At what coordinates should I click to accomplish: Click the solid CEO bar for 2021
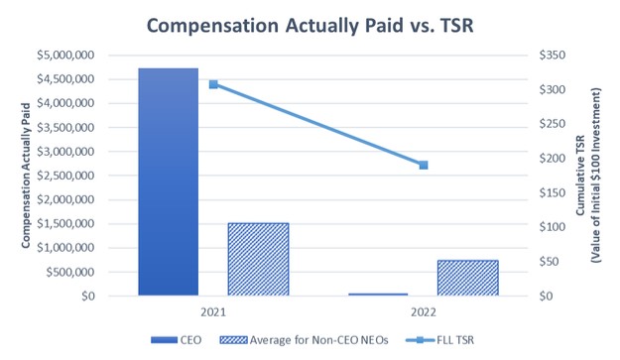click(x=168, y=181)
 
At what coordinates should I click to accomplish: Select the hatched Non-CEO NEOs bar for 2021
click(x=258, y=259)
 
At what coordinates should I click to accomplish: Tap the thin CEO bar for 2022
click(x=378, y=295)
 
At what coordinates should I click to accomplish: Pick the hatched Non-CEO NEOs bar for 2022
click(x=468, y=278)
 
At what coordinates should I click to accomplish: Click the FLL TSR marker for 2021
click(x=213, y=84)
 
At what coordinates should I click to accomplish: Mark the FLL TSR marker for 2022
click(x=424, y=165)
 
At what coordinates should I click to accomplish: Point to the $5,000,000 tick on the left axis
click(x=65, y=55)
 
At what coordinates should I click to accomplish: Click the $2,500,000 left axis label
click(x=65, y=176)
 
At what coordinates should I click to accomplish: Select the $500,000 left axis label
click(x=70, y=272)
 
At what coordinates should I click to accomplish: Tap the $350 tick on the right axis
click(x=553, y=55)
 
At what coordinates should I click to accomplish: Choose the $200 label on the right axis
click(x=553, y=159)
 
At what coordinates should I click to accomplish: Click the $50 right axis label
click(x=549, y=262)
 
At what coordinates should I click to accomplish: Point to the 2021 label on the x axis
click(x=213, y=312)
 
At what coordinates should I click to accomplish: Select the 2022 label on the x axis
click(x=424, y=312)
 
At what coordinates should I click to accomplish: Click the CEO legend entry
click(x=177, y=340)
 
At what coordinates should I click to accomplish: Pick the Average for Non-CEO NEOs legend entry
click(x=305, y=340)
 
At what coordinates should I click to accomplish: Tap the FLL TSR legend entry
click(x=439, y=340)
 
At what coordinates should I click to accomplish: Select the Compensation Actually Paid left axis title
click(x=26, y=176)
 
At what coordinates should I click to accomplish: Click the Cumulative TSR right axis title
click(x=580, y=176)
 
